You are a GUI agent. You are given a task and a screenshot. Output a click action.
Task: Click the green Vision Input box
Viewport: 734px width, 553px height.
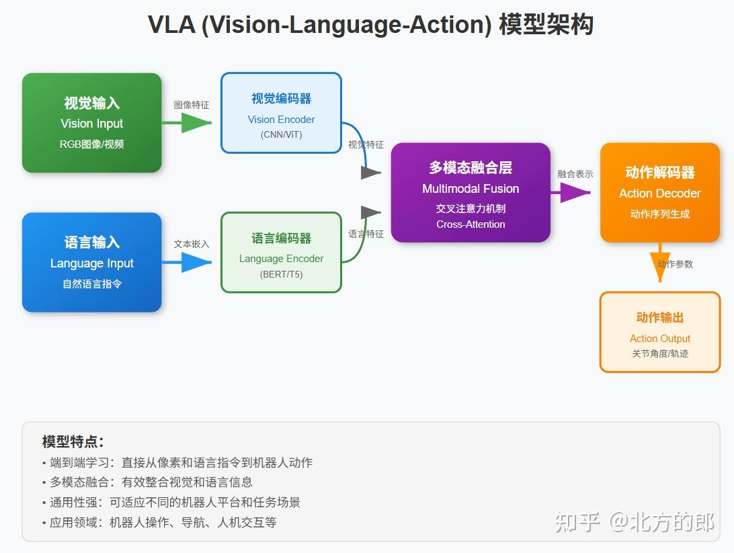point(92,123)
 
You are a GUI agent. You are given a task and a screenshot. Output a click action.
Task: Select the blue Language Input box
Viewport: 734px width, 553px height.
point(92,262)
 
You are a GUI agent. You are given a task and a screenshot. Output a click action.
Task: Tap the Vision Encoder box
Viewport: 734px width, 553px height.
point(281,113)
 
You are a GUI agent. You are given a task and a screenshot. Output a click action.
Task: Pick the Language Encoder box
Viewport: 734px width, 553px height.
point(281,253)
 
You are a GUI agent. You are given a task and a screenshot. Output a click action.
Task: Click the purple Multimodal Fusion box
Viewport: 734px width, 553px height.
point(471,192)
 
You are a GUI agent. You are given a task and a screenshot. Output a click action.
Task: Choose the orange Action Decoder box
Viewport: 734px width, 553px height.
point(659,192)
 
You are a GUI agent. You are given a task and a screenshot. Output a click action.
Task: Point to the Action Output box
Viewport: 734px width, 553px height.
point(659,332)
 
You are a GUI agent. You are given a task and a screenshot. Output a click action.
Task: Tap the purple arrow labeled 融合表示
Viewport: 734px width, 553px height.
point(572,193)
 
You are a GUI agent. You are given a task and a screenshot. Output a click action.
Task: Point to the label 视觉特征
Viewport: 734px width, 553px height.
point(366,144)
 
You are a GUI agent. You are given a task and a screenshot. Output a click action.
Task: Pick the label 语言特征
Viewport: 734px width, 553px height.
point(366,234)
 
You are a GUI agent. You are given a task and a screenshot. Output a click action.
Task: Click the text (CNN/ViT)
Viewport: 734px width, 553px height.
point(281,134)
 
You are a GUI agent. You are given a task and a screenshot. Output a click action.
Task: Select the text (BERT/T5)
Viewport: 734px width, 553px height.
point(281,274)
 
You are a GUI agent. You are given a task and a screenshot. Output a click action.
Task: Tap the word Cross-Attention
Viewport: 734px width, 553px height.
point(471,224)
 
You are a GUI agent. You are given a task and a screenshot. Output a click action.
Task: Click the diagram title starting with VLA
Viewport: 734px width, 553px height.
point(370,26)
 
